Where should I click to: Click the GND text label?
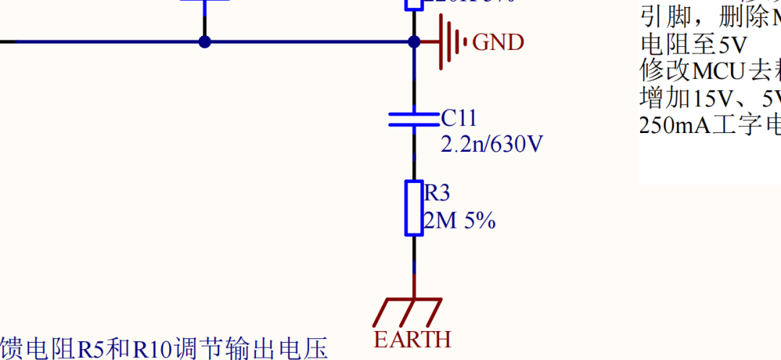[498, 43]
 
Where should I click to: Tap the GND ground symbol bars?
[453, 43]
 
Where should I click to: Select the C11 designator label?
[459, 119]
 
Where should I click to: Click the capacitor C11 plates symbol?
[414, 119]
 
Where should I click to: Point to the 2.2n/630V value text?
[492, 145]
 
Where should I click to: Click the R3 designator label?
[437, 193]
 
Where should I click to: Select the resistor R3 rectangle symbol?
[414, 208]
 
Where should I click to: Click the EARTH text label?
[412, 339]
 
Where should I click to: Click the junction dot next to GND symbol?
[414, 42]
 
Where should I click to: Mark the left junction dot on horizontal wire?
[205, 42]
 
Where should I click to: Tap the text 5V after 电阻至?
[732, 46]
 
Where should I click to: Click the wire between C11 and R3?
[414, 155]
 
